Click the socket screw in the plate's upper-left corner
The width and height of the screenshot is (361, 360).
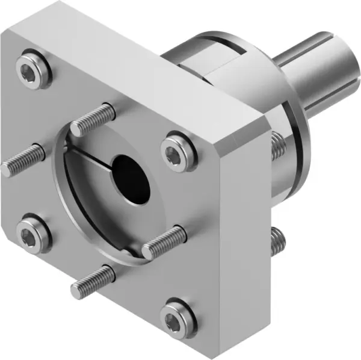pyautogui.click(x=32, y=71)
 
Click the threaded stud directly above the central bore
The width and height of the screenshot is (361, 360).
pyautogui.click(x=93, y=120)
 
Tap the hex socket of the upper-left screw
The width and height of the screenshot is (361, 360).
pyautogui.click(x=32, y=71)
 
